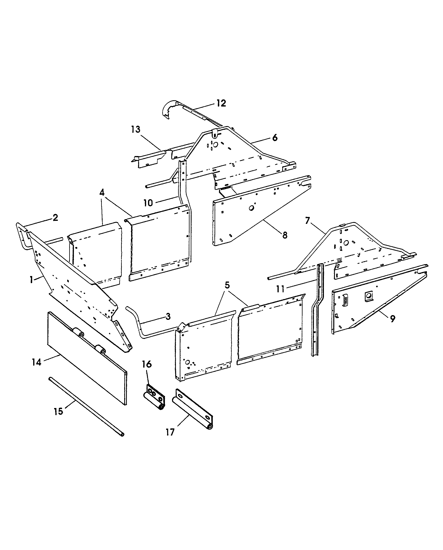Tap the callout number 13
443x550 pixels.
point(136,130)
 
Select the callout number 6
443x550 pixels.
point(275,138)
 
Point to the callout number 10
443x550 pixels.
point(148,203)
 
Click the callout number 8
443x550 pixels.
point(285,235)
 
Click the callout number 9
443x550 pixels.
point(393,318)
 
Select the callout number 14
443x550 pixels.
point(36,362)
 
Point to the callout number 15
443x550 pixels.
point(58,411)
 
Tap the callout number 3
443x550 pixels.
point(168,317)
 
